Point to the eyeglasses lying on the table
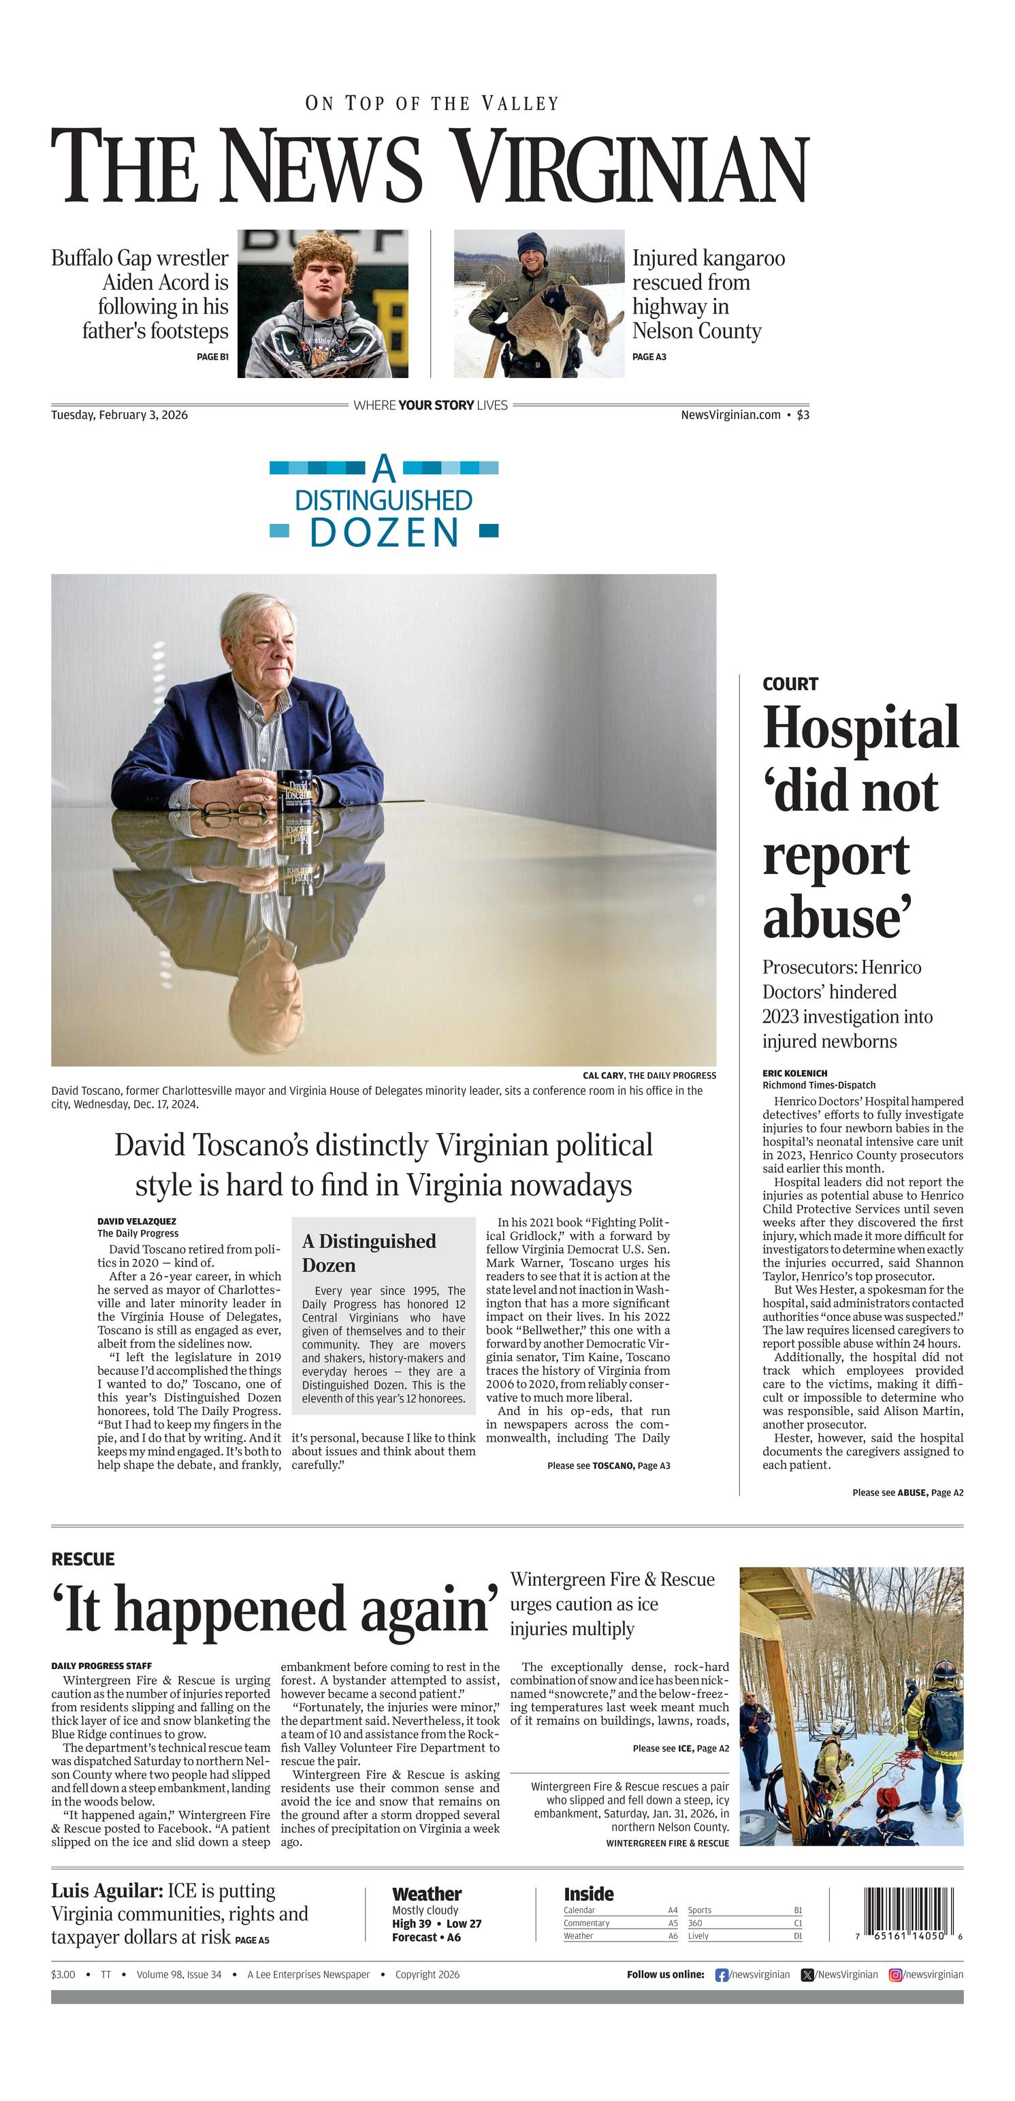232,809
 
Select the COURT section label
789,683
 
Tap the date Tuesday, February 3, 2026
119,414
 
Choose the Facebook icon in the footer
721,1974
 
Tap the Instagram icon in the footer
895,1974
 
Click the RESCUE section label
82,1559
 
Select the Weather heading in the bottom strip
426,1893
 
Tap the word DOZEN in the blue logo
384,533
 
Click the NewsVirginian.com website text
730,414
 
